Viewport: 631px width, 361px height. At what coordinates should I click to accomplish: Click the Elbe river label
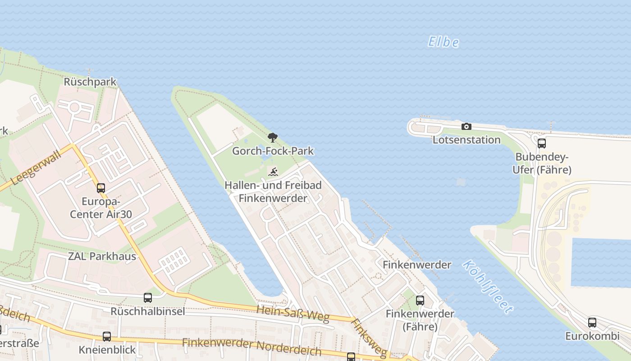443,42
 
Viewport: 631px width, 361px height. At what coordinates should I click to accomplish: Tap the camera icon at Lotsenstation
466,127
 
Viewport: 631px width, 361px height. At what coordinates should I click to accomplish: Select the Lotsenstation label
466,140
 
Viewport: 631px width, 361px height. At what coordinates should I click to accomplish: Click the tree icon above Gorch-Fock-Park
272,138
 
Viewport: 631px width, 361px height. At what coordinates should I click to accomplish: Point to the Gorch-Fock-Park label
273,151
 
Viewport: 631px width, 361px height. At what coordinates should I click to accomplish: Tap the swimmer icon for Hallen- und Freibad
273,172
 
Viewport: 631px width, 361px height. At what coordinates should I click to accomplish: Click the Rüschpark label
90,82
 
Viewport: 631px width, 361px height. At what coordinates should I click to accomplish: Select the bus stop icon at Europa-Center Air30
101,188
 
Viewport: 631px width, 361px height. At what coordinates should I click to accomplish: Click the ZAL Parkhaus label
102,256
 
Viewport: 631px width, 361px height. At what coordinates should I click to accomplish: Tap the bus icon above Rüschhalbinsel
148,298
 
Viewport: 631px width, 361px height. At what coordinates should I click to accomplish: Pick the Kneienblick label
107,350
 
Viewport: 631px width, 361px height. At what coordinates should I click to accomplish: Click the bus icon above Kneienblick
107,337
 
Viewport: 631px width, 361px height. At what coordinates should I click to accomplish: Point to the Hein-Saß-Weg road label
293,313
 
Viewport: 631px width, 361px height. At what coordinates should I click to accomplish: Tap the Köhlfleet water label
487,287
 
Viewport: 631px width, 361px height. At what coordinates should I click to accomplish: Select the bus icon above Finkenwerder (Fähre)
420,300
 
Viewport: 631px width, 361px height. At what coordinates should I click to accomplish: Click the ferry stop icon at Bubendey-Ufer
542,143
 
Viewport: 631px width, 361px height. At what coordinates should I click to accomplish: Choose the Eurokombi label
592,336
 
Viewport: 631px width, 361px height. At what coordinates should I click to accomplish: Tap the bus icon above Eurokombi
592,323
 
